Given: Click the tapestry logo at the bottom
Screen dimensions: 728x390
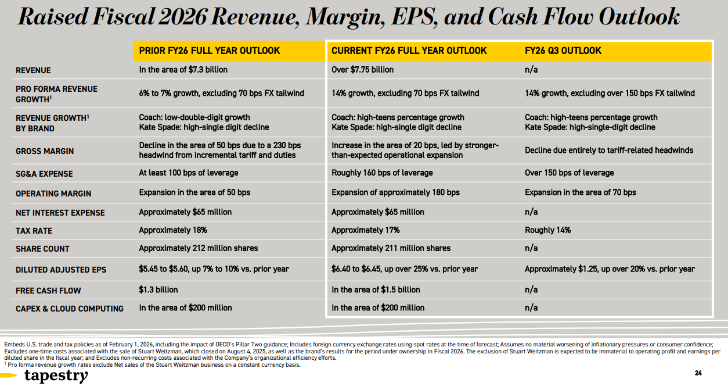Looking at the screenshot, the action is pos(56,376).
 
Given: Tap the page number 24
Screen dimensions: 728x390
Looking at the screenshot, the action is pos(698,373).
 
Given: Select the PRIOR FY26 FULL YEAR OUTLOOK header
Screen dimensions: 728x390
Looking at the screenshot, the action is pos(210,51).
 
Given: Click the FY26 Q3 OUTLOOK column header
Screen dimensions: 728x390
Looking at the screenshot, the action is pos(563,51).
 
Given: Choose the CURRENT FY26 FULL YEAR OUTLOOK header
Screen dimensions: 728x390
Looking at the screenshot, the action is pos(409,51).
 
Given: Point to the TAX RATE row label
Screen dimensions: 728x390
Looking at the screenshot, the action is pos(34,231).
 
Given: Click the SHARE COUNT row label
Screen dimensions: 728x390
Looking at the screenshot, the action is pos(42,249).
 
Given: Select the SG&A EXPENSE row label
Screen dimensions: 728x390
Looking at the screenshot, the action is pos(44,174).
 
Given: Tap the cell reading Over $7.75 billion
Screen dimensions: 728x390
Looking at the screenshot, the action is pos(362,70).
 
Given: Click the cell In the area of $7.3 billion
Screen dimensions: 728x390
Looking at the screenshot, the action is pos(183,70).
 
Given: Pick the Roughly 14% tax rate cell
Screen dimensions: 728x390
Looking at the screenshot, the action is pos(547,230).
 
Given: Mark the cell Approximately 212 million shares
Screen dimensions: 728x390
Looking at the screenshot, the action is pos(198,248).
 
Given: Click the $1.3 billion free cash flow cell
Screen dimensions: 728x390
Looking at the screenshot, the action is pos(158,290).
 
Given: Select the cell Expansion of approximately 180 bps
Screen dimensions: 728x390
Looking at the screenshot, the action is pos(395,192).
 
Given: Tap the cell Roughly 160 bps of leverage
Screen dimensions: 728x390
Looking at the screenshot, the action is pos(382,173).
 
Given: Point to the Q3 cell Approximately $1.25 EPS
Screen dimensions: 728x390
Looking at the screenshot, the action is pos(610,269).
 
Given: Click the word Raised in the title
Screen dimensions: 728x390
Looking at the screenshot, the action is pos(53,17).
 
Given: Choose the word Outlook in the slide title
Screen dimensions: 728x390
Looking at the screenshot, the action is pos(639,17).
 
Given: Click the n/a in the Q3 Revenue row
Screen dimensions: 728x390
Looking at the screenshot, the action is pos(531,70).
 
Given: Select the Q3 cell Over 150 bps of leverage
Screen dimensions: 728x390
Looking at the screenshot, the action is pos(569,173).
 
